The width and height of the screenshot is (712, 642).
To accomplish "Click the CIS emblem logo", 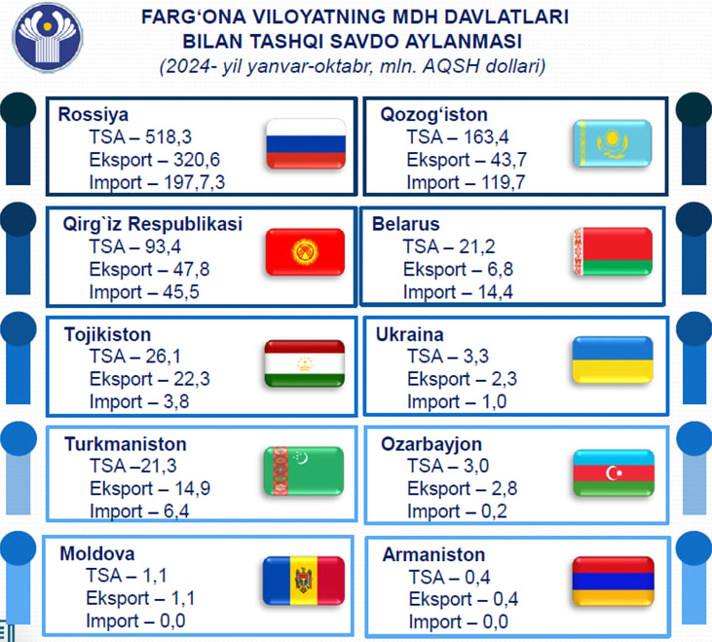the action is point(47,37).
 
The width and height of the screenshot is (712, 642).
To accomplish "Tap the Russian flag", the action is point(306,144).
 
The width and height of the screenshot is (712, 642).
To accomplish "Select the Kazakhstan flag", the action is point(612,143).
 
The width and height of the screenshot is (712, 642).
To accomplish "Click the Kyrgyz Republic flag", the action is point(305,252).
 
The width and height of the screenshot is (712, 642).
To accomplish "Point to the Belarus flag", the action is point(613,251).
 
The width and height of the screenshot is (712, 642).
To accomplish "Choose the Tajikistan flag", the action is point(305,363).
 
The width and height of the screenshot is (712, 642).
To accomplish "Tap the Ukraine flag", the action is point(613,359).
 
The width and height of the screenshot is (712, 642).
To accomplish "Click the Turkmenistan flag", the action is point(304,471).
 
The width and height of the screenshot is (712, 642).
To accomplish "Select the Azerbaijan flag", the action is point(614,472).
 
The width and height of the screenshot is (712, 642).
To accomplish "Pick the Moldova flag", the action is point(304,581).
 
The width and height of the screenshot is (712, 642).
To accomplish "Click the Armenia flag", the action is point(614,582).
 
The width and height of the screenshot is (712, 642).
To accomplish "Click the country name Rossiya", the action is point(94,114).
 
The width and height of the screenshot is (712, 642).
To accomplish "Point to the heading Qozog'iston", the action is point(433,114).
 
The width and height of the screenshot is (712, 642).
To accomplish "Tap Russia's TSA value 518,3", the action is point(169,137).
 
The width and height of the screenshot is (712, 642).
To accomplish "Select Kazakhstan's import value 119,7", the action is point(504,182).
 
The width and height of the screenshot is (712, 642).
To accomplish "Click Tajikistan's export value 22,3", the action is point(192,379).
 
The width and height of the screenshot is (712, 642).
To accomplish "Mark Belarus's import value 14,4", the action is point(495,292).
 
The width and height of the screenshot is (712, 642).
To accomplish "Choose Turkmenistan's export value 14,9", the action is point(193,488).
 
